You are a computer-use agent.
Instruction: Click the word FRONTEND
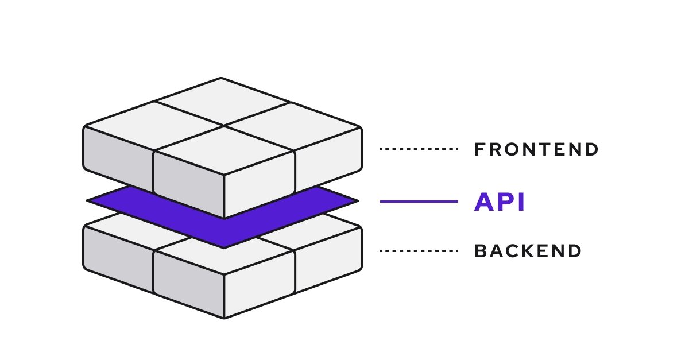(536, 149)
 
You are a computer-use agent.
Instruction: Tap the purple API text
(500, 202)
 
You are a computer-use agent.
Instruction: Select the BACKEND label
(528, 251)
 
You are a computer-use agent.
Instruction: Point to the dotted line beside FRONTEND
(419, 149)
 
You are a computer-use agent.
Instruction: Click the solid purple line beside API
(419, 202)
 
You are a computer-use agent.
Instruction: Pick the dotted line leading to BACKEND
(419, 251)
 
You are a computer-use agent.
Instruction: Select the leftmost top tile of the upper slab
(154, 125)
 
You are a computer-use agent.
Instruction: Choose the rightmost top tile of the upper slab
(293, 126)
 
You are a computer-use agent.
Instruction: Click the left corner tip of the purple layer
(90, 200)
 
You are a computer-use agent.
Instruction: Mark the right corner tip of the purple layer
(356, 201)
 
